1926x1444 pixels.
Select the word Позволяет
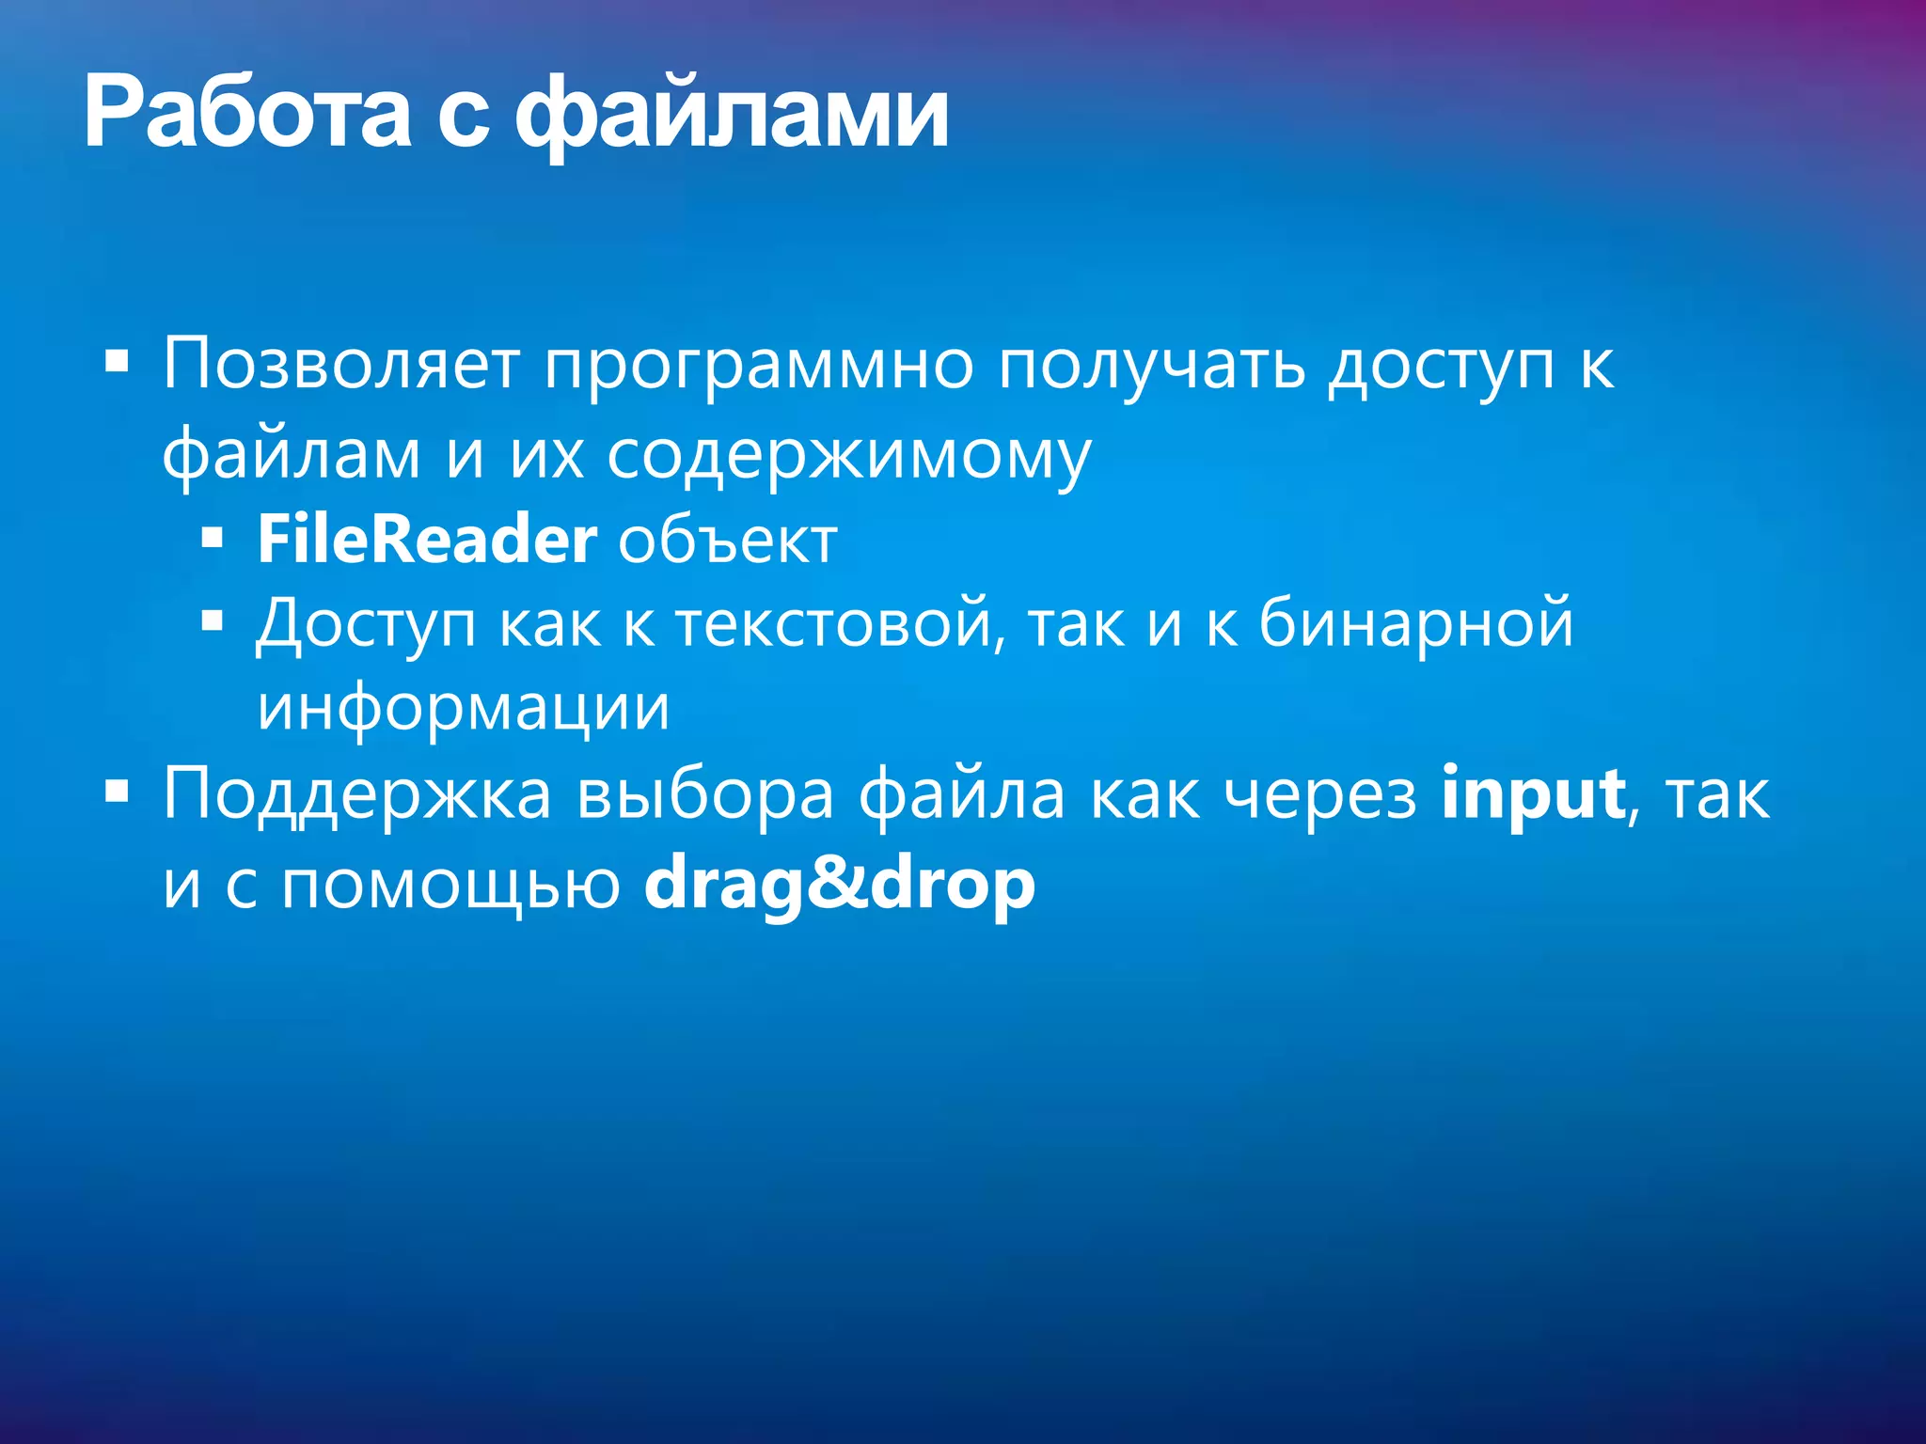point(341,364)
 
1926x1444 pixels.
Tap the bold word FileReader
point(427,540)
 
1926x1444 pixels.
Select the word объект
point(727,541)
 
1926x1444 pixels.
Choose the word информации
point(464,707)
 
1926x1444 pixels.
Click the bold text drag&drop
point(839,884)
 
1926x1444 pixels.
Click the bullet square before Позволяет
point(117,361)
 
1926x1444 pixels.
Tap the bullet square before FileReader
point(213,539)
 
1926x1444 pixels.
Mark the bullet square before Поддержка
point(117,792)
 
